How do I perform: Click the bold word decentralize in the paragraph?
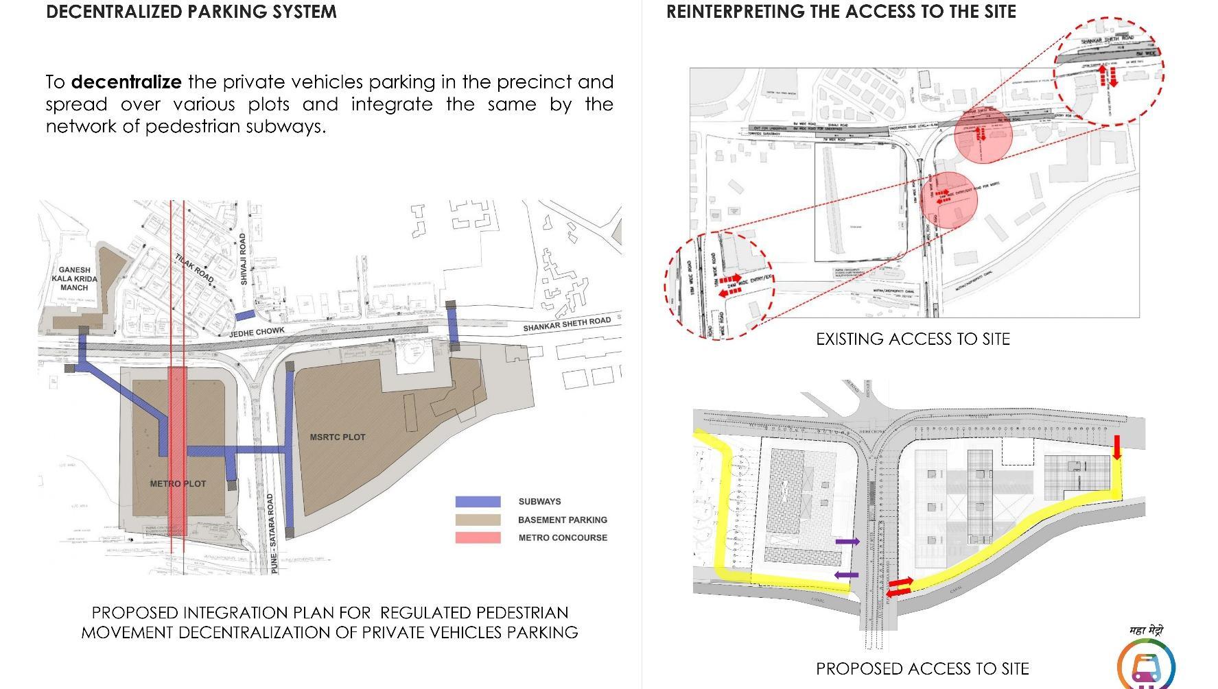(x=126, y=82)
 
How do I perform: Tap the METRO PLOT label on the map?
(x=178, y=484)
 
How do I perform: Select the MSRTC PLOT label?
(x=338, y=437)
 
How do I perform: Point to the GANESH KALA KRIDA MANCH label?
(x=74, y=279)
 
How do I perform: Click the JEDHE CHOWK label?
(x=257, y=332)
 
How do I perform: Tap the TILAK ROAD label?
(x=194, y=267)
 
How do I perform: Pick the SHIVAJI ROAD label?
(x=243, y=259)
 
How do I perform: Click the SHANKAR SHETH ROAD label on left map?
(x=566, y=324)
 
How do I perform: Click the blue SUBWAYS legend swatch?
(x=478, y=502)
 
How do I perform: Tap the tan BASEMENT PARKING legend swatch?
(x=478, y=520)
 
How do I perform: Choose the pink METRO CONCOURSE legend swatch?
(x=478, y=537)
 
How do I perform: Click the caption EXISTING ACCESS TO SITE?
(x=913, y=339)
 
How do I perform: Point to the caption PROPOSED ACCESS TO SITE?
(x=922, y=668)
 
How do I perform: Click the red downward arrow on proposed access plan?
(x=1117, y=447)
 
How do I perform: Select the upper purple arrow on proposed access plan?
(x=847, y=542)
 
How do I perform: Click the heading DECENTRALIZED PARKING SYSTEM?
(x=191, y=12)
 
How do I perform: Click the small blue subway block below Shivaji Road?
(x=245, y=315)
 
